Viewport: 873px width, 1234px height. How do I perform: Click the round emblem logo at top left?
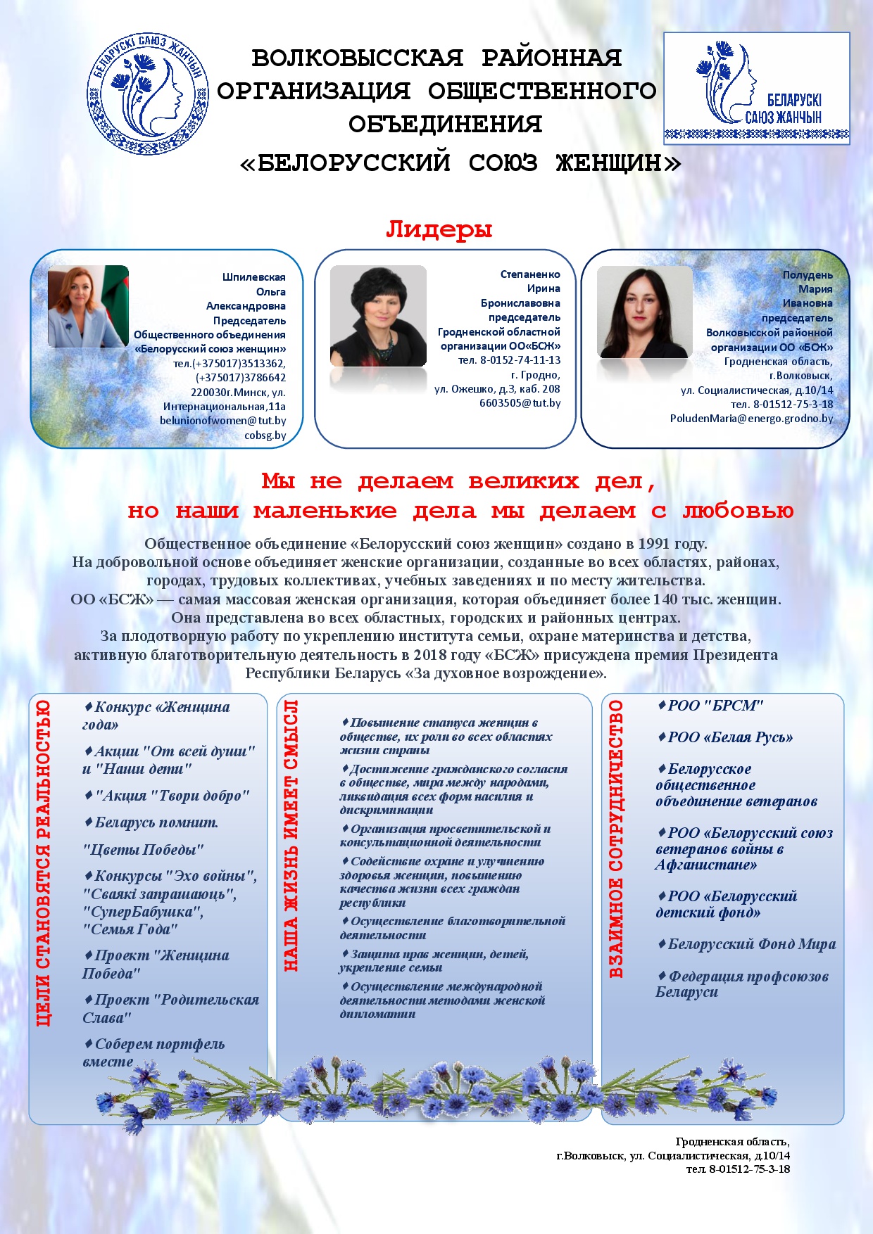pyautogui.click(x=148, y=94)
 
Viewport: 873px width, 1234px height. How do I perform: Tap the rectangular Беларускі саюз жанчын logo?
pyautogui.click(x=757, y=88)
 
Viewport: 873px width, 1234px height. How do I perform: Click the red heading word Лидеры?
pyautogui.click(x=439, y=229)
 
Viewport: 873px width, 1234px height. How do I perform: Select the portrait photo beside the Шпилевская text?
pyautogui.click(x=88, y=307)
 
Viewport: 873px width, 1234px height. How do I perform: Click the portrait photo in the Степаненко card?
pyautogui.click(x=378, y=316)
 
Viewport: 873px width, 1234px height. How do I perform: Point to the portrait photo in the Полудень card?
pyautogui.click(x=644, y=312)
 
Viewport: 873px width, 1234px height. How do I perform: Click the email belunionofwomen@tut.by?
pyautogui.click(x=222, y=421)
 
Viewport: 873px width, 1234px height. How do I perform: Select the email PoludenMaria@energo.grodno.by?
pyautogui.click(x=751, y=419)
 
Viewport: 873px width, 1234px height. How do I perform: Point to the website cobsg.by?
pyautogui.click(x=265, y=435)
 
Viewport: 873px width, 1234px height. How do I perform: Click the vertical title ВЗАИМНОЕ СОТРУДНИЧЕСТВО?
pyautogui.click(x=616, y=839)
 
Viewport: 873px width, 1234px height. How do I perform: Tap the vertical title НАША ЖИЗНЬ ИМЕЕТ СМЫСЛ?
pyautogui.click(x=291, y=836)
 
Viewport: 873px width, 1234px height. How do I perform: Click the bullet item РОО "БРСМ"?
pyautogui.click(x=710, y=706)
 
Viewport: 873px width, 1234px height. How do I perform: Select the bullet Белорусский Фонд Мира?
pyautogui.click(x=747, y=944)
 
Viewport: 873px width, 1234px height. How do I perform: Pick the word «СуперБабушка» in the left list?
pyautogui.click(x=144, y=912)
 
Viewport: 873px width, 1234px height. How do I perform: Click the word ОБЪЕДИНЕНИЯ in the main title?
pyautogui.click(x=445, y=125)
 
